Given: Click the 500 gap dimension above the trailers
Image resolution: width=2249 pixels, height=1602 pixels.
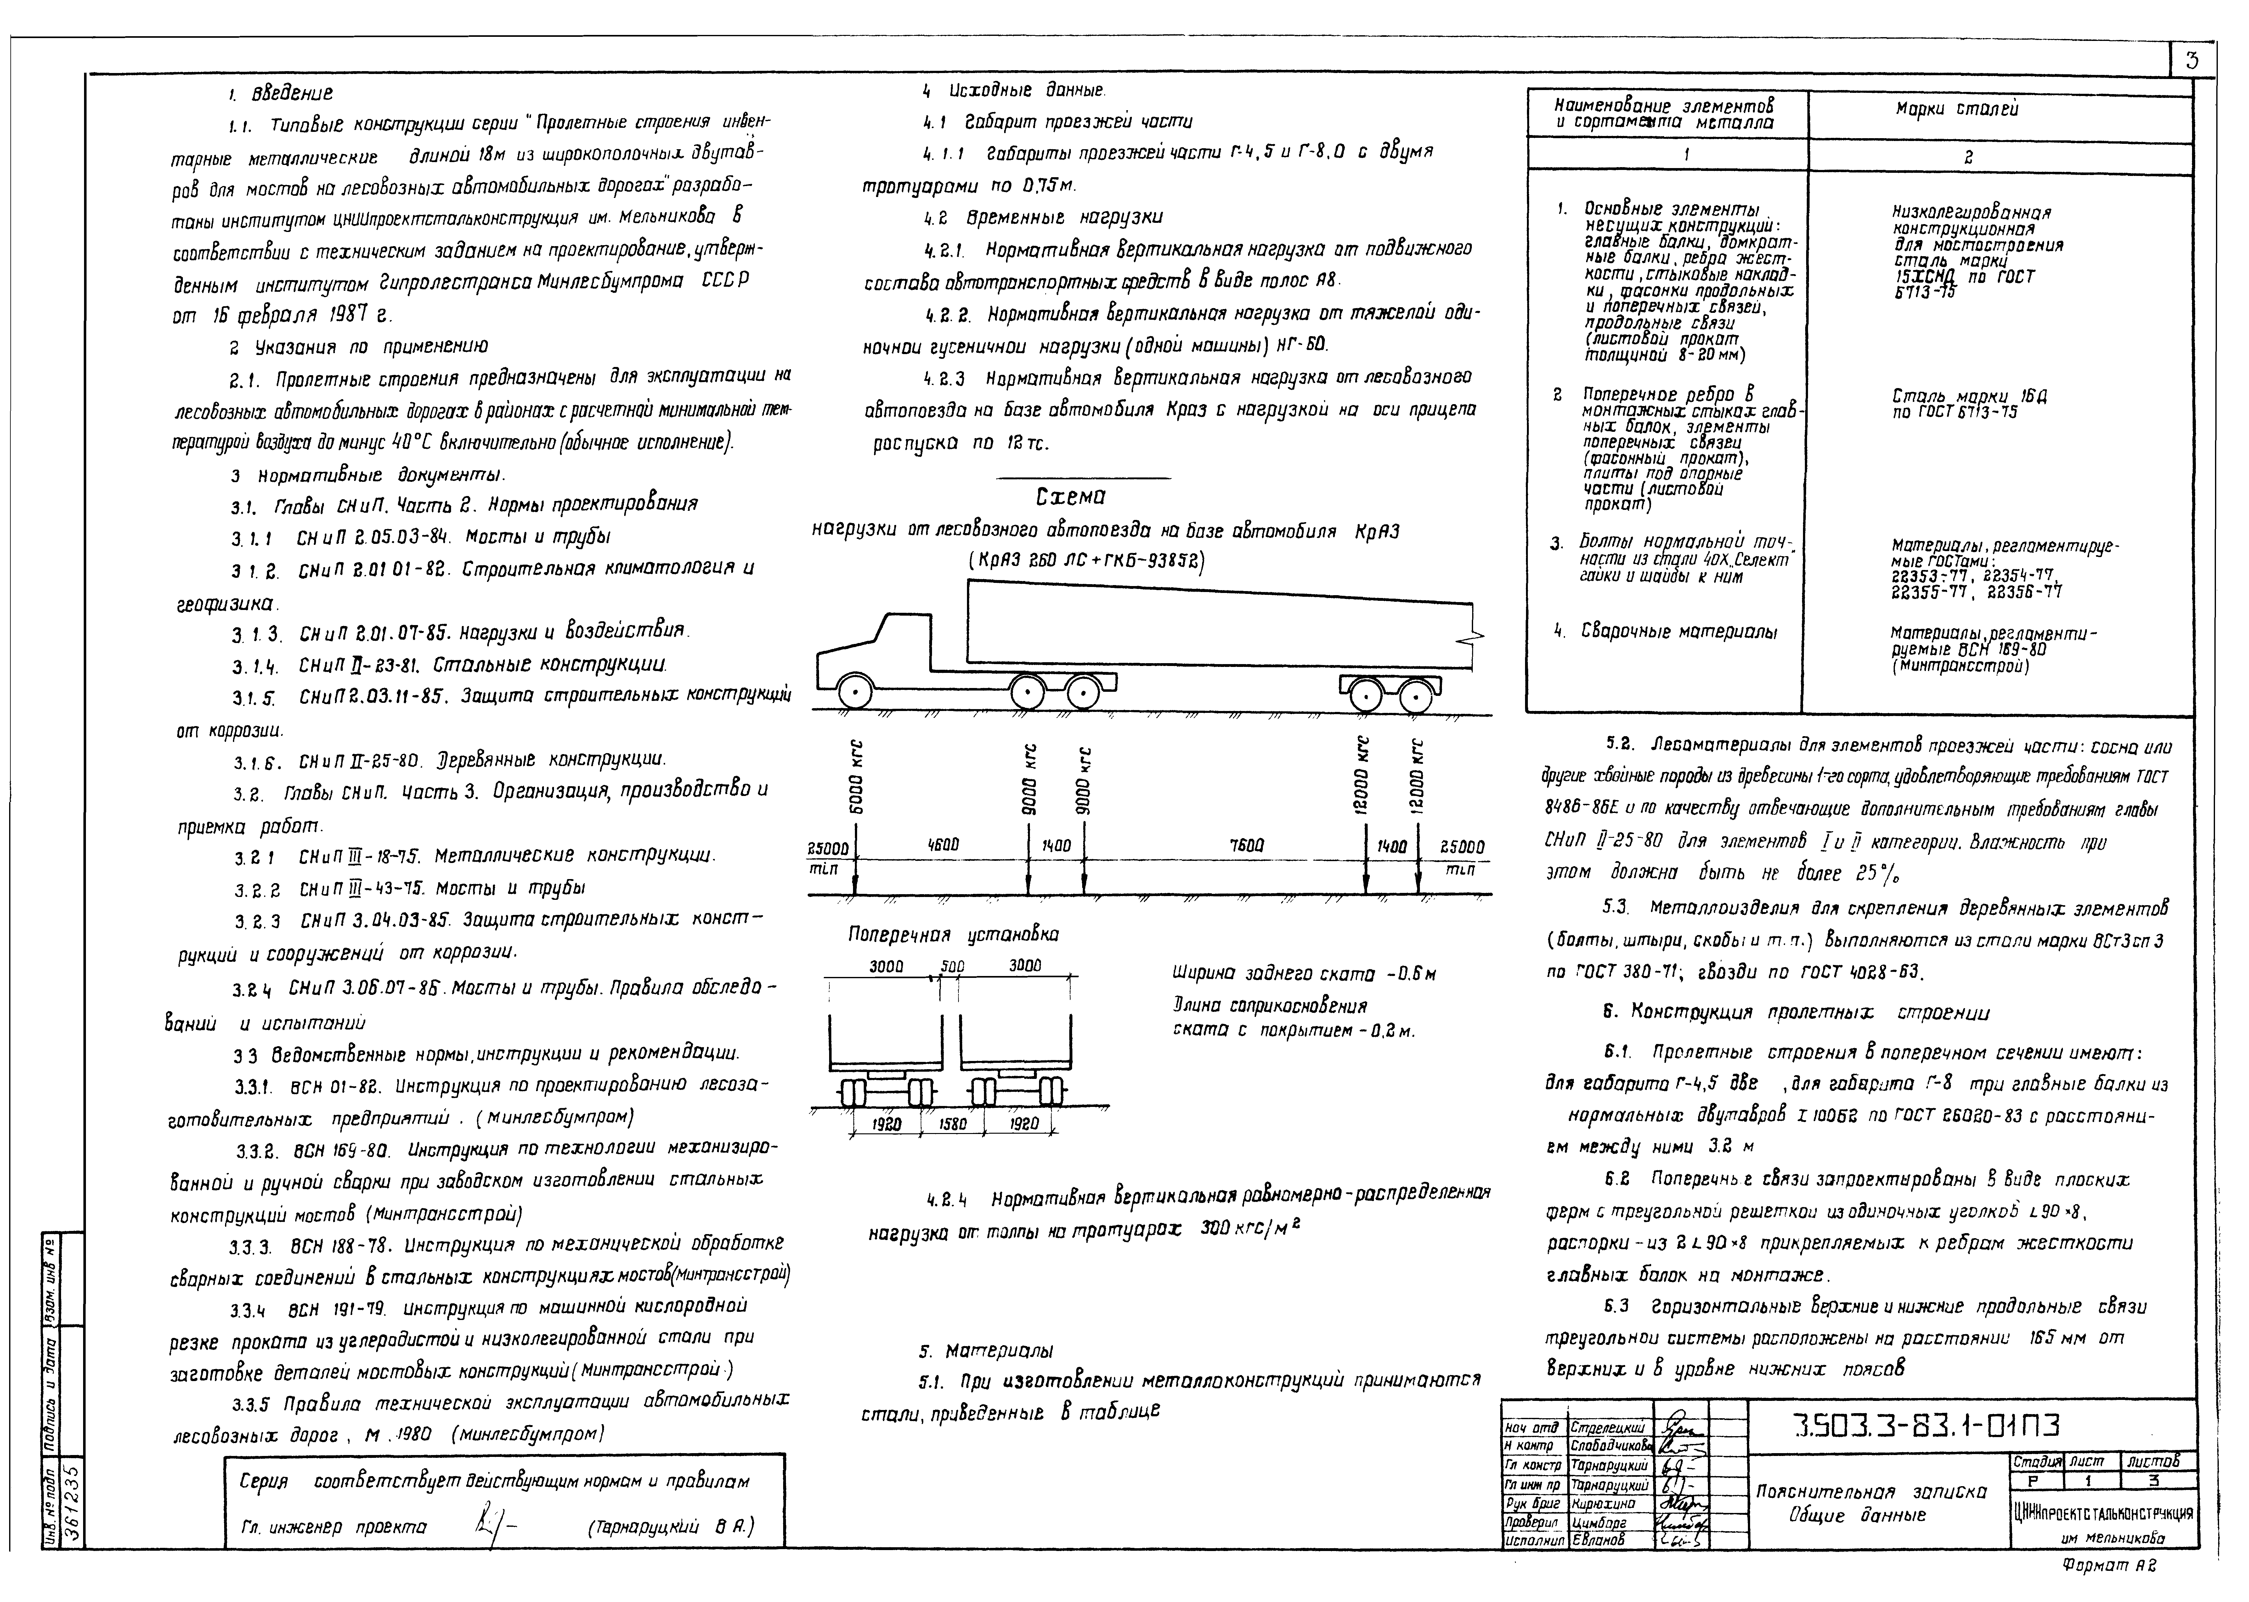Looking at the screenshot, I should [952, 967].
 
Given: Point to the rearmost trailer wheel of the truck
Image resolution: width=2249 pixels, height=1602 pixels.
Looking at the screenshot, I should [1417, 696].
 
